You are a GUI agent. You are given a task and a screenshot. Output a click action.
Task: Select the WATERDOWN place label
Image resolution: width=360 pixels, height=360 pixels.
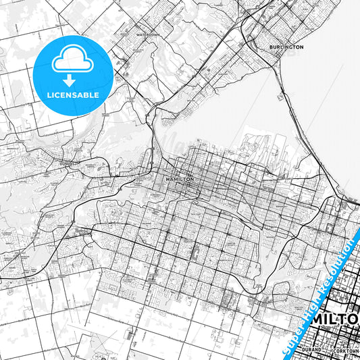147,33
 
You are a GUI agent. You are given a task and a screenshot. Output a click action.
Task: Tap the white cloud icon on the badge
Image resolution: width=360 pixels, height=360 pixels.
72,61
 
